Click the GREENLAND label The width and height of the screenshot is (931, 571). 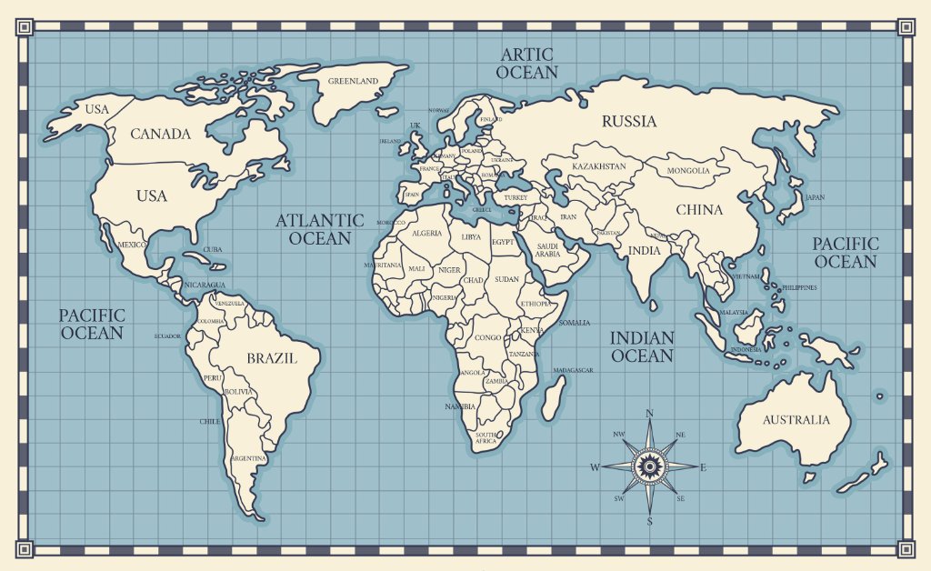(353, 81)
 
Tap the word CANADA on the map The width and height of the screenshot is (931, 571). (161, 135)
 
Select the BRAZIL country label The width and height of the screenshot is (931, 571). (272, 358)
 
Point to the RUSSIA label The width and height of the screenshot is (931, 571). (629, 122)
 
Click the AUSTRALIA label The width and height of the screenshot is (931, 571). (796, 420)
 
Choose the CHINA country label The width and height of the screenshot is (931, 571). (699, 210)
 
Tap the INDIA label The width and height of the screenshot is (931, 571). (645, 251)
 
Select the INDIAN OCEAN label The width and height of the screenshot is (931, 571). (642, 346)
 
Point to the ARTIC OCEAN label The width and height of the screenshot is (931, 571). (527, 64)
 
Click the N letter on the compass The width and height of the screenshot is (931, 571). (649, 414)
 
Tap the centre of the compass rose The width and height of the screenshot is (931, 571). (649, 466)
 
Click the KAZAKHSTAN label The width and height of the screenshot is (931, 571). (598, 167)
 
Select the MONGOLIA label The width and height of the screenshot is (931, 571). (688, 171)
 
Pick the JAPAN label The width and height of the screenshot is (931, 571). (815, 197)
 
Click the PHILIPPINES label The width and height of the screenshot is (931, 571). (799, 287)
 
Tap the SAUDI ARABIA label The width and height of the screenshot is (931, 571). (547, 250)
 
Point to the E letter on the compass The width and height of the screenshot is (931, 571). (703, 467)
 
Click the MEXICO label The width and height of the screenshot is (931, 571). (132, 245)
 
